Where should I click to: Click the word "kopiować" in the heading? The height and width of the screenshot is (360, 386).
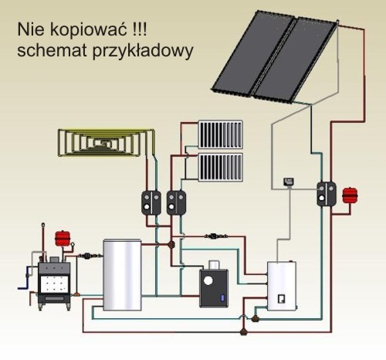tap(89, 29)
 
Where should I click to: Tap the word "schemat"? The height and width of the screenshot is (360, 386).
tap(52, 50)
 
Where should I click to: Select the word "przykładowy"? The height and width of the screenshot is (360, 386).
tap(142, 52)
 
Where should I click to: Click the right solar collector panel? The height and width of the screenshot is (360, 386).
tap(296, 60)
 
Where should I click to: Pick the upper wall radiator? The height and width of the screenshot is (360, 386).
tap(221, 134)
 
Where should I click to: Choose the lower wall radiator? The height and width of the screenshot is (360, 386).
tap(221, 168)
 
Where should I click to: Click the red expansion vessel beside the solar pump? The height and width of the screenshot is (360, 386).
tap(350, 195)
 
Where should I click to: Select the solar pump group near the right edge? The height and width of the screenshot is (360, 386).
tap(327, 194)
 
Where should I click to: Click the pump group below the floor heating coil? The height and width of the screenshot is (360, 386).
tap(151, 202)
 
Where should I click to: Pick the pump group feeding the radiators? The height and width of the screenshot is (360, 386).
tap(176, 202)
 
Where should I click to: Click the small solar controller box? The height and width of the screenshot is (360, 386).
tap(289, 182)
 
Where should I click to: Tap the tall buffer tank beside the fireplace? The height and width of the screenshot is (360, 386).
tap(122, 275)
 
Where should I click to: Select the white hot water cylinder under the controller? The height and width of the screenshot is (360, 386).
tap(282, 286)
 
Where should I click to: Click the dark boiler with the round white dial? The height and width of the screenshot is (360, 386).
tap(214, 288)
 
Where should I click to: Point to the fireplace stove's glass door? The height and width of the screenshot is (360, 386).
tap(55, 284)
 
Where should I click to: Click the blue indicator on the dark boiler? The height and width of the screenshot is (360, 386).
tap(222, 298)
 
